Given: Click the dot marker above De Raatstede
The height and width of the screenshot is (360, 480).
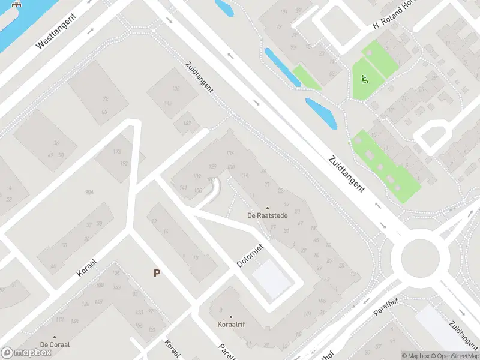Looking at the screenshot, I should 268,208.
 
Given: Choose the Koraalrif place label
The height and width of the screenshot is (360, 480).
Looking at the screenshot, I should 231,324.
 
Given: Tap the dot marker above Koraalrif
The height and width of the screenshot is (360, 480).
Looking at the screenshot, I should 230,316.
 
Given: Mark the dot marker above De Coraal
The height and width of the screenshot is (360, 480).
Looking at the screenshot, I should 55,337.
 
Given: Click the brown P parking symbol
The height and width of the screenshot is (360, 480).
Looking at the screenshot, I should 157,273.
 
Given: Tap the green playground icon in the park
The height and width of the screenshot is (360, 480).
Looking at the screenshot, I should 364,79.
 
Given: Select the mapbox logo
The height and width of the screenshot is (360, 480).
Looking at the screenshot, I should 26,353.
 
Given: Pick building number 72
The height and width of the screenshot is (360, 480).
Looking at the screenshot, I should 106,99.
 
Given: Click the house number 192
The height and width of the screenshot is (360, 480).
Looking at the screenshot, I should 124,163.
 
